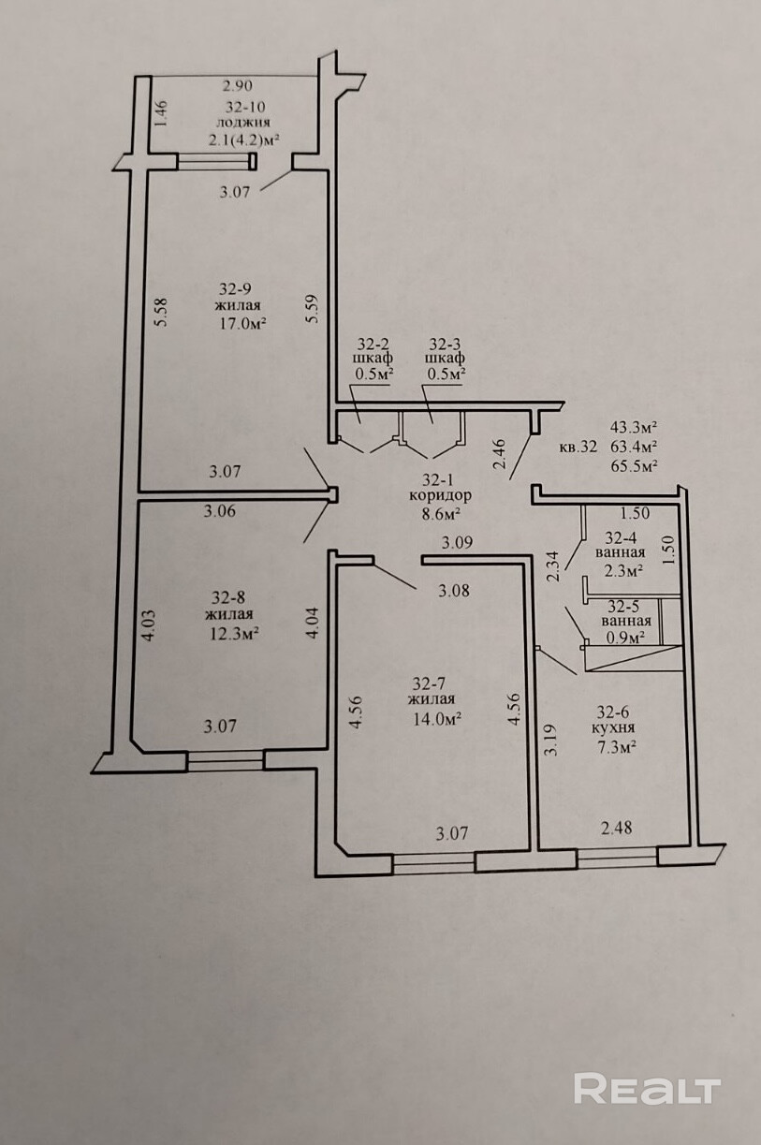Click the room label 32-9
pos(236,288)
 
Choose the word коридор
pos(440,495)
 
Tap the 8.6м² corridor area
pos(441,514)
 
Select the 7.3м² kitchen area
pos(617,747)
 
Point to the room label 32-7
pos(432,683)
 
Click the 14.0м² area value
pos(432,719)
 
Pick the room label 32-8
pos(228,596)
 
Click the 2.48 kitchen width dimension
pos(617,828)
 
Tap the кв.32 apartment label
pos(578,447)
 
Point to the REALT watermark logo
pos(647,1089)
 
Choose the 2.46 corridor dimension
pos(500,453)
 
